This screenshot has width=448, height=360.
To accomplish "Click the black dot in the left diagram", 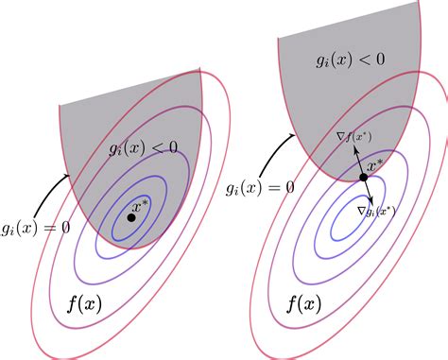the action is coord(130,217).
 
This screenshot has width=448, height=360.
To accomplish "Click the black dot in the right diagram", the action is coord(363,177).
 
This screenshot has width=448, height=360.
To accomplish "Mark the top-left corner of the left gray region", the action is coord(60,103).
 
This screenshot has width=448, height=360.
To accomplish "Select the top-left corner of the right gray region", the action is coord(278,39).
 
